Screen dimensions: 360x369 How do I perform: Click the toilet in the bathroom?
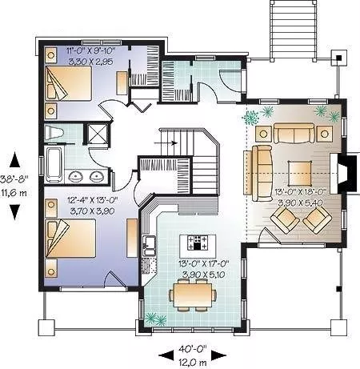coord(54,133)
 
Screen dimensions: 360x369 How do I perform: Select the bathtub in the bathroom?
coord(54,163)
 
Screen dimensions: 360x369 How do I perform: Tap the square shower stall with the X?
coord(96,133)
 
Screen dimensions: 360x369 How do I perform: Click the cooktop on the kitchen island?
coord(198,243)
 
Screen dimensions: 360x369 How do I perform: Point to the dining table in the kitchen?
coord(193,295)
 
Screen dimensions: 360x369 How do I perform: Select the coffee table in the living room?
coord(300,173)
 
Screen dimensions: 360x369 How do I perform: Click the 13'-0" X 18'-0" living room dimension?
coord(301,192)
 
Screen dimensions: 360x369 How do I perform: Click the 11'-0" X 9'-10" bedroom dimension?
coord(90,50)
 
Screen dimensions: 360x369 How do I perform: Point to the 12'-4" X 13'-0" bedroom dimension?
coord(93,200)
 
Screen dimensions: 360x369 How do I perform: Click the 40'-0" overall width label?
coord(193,348)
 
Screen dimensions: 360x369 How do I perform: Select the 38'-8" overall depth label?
coord(14,178)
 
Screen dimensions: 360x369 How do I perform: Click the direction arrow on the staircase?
coord(166,143)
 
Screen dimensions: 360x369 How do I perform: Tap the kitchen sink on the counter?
coord(149,246)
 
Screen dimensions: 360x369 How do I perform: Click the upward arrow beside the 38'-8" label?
coord(15,160)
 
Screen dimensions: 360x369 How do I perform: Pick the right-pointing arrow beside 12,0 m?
coord(219,355)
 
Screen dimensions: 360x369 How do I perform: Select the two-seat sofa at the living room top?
coord(294,133)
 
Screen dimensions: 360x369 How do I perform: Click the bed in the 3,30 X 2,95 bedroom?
coord(69,83)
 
